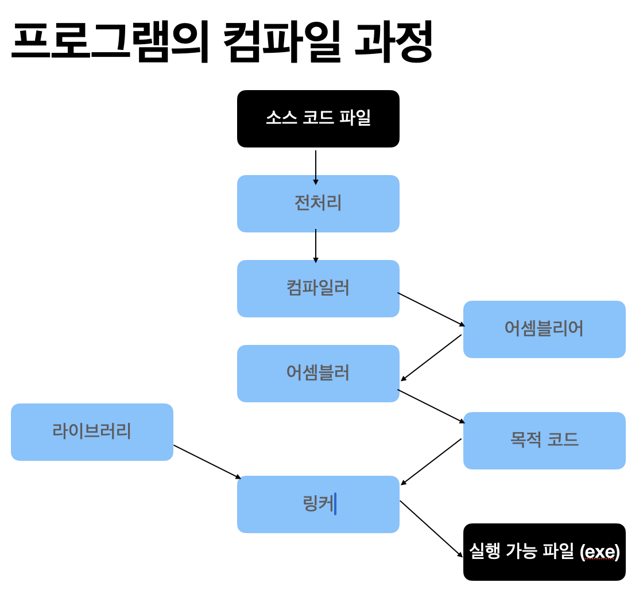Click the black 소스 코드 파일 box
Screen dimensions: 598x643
[x=318, y=119]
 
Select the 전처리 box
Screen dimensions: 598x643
[x=318, y=204]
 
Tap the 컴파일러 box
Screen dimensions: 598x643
[x=318, y=289]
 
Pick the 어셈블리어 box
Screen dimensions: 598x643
[x=544, y=329]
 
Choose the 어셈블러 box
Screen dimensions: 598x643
[x=318, y=374]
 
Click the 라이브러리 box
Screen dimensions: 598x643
[x=92, y=432]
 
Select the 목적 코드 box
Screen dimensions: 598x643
[x=544, y=441]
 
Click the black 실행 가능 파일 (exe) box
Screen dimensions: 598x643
[x=544, y=552]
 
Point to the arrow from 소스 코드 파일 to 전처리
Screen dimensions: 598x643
[x=316, y=166]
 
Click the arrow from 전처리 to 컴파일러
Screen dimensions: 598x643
[x=316, y=246]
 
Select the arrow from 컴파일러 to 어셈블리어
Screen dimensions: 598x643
[x=431, y=309]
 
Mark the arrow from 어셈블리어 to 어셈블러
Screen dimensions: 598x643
[x=431, y=358]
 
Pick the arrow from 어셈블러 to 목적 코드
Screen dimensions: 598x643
[x=431, y=406]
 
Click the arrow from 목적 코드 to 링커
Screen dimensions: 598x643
[x=431, y=461]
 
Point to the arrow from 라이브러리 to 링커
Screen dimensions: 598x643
[x=207, y=461]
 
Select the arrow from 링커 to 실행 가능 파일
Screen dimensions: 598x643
[x=431, y=529]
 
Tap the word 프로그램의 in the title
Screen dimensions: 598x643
[x=109, y=41]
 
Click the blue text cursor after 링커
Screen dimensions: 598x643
[x=335, y=504]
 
